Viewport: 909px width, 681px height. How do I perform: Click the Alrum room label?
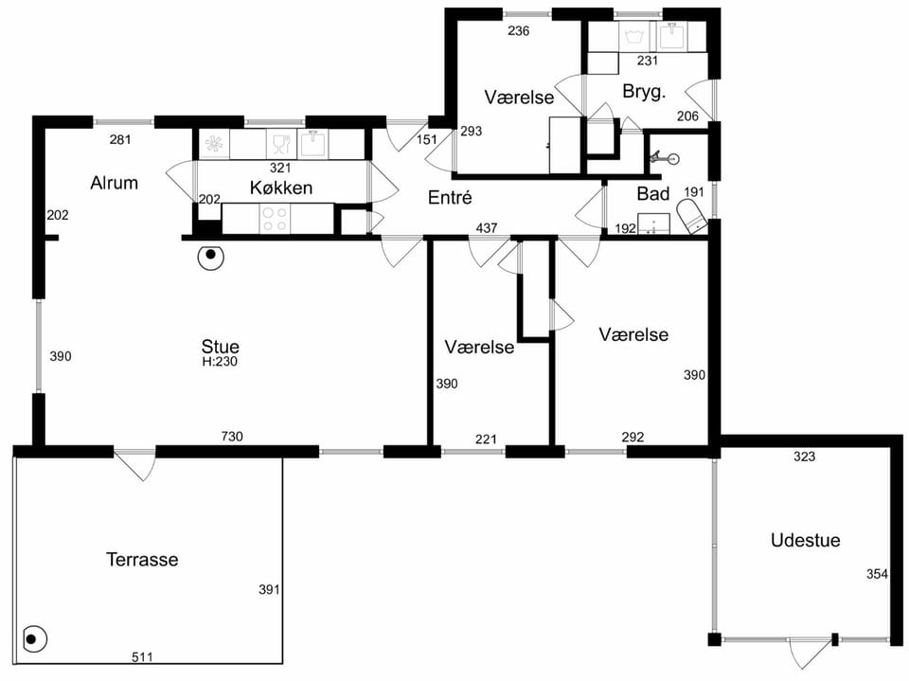click(x=115, y=184)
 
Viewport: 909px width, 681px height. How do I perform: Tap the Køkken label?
click(x=281, y=188)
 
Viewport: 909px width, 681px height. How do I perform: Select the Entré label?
click(x=450, y=198)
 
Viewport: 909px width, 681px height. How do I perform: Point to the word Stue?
click(x=220, y=347)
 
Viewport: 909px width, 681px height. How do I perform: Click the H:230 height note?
click(x=220, y=362)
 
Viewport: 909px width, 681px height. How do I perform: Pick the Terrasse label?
click(x=142, y=560)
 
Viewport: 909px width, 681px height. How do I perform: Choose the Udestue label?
click(x=805, y=541)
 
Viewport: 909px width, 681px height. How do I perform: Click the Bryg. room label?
click(x=644, y=92)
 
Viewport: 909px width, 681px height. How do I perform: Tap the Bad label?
click(x=653, y=194)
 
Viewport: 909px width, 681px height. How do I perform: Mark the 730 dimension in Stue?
click(x=232, y=437)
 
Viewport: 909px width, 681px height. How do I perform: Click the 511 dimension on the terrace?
click(x=142, y=657)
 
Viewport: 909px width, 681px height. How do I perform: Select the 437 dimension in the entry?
click(x=487, y=228)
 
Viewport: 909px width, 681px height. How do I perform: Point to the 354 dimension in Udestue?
click(x=877, y=574)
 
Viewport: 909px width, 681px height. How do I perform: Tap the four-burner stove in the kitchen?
click(x=275, y=220)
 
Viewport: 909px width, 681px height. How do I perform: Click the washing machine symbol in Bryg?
click(x=636, y=37)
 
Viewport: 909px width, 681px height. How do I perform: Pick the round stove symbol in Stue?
click(x=211, y=256)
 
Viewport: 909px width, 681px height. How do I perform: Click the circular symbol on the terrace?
click(x=34, y=640)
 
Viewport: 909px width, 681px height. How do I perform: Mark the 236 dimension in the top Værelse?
click(x=518, y=30)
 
